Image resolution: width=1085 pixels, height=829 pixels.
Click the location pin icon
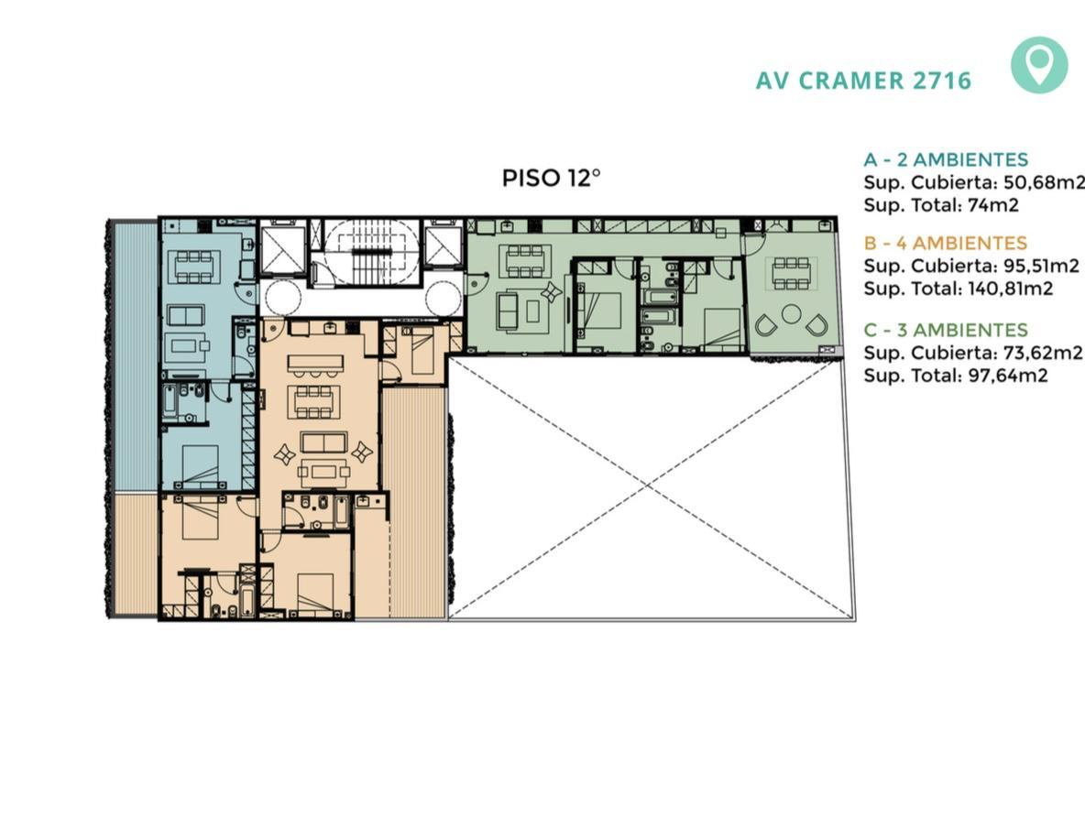pos(1038,66)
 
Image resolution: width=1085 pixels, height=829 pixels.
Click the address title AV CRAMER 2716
pos(863,81)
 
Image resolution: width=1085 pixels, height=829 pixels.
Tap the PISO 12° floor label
pos(551,178)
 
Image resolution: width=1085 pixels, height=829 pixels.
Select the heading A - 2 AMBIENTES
pos(945,159)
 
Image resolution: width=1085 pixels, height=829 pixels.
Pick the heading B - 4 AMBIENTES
pos(945,244)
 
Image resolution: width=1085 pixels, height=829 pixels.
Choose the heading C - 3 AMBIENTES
pos(945,330)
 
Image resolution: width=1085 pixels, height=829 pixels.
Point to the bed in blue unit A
pos(196,466)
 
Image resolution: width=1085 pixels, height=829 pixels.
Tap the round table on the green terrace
pos(792,314)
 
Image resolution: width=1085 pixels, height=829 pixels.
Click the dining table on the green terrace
pos(792,272)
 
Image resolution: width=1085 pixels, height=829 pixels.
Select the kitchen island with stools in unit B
pos(315,365)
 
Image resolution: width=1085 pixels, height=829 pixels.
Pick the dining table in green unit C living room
pos(527,261)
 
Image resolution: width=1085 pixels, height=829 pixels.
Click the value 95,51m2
pos(1041,266)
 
